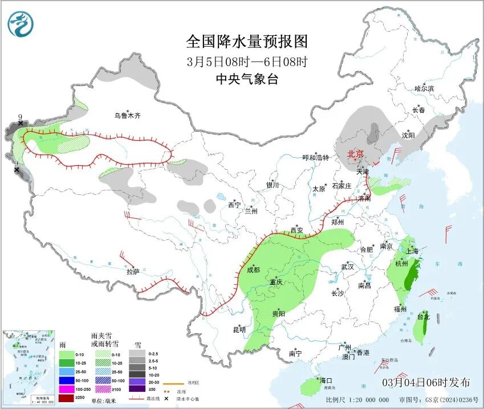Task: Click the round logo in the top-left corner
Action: [x=21, y=24]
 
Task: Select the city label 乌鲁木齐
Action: [x=127, y=116]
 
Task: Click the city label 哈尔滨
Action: [x=424, y=89]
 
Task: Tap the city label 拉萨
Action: [x=133, y=272]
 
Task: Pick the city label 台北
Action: [x=423, y=316]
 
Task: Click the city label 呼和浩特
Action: [x=315, y=158]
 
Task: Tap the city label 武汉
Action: [x=347, y=267]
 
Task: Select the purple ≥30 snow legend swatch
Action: [x=136, y=389]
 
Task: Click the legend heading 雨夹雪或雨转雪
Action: [x=105, y=340]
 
